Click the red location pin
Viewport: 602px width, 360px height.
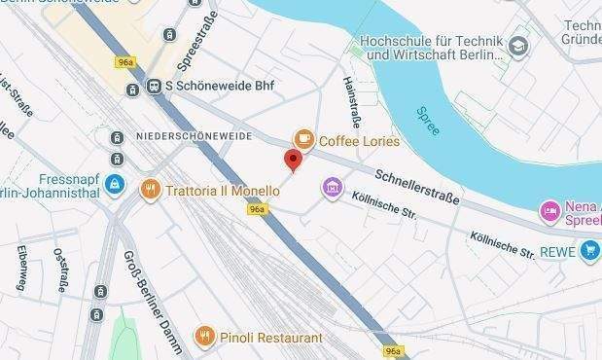pos(293,161)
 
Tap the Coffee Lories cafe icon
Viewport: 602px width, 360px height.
pos(304,140)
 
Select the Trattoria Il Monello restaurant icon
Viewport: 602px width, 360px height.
pos(150,190)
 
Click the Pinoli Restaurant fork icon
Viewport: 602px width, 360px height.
pos(204,338)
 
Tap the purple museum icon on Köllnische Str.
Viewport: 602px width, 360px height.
pos(333,186)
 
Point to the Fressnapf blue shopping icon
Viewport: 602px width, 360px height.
pos(115,183)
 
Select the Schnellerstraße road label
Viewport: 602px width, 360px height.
pos(413,184)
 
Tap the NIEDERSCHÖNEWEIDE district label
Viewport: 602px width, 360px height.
pos(195,134)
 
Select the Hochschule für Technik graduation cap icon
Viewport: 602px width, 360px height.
pos(518,45)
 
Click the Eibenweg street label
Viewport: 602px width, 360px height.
pos(21,268)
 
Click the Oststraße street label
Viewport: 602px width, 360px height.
pos(60,269)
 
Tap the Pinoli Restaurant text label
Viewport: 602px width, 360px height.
pos(271,338)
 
